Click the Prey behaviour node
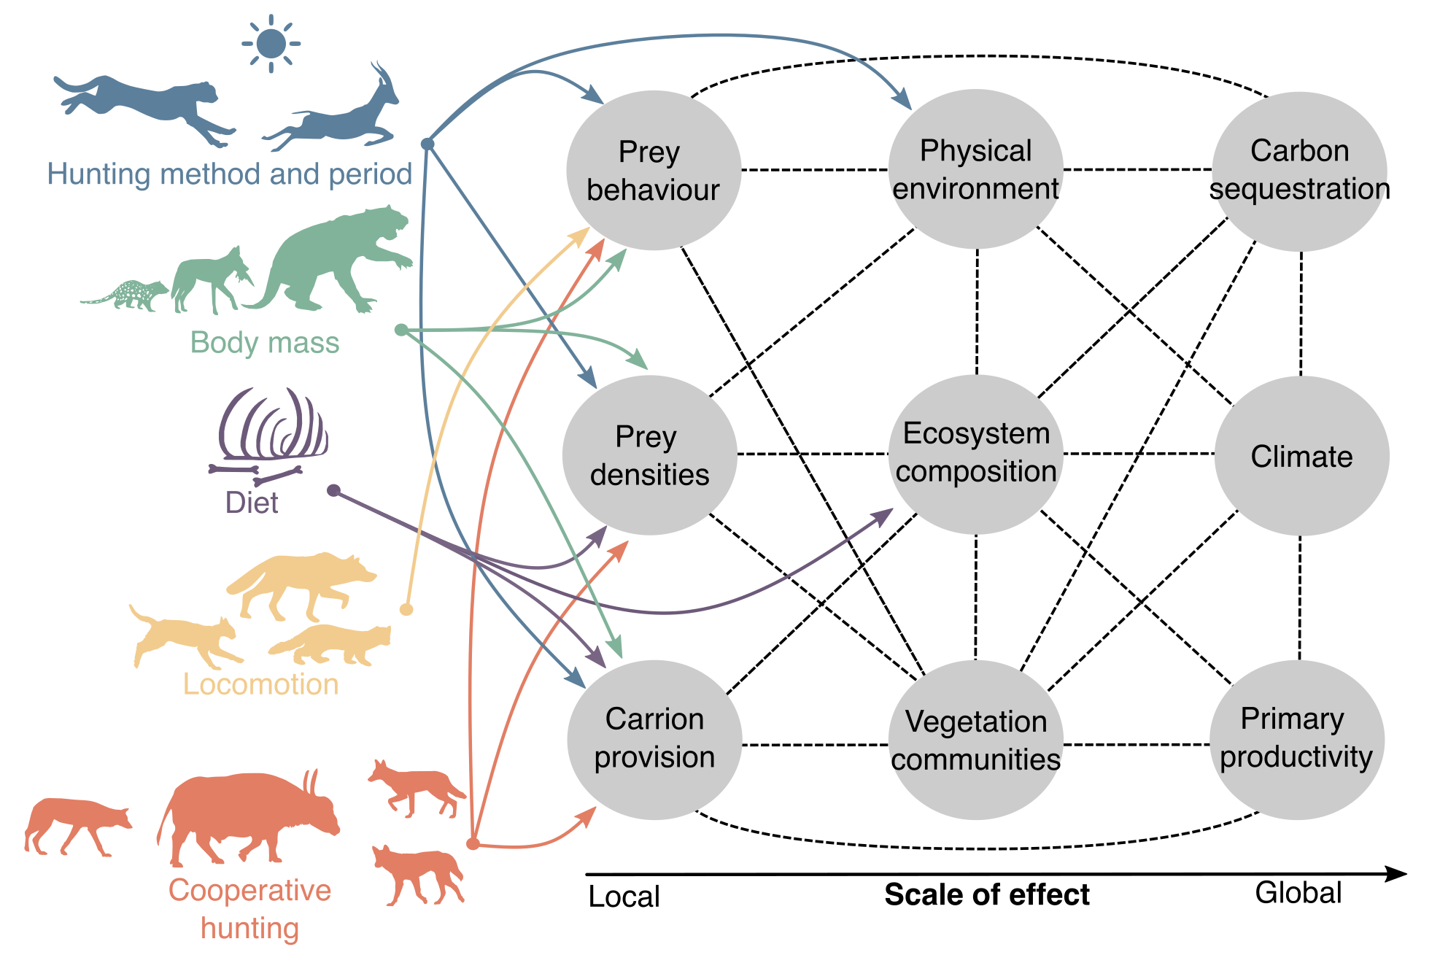pyautogui.click(x=654, y=171)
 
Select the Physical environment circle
pyautogui.click(x=975, y=169)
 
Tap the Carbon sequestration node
pyautogui.click(x=1299, y=171)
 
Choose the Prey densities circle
pyautogui.click(x=649, y=455)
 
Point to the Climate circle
pyautogui.click(x=1301, y=456)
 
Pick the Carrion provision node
pyautogui.click(x=654, y=739)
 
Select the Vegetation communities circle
pyautogui.click(x=975, y=740)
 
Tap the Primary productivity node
pyautogui.click(x=1296, y=739)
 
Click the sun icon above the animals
pyautogui.click(x=271, y=44)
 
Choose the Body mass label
pyautogui.click(x=265, y=343)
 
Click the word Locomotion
pyautogui.click(x=260, y=684)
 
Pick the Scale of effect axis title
pyautogui.click(x=986, y=894)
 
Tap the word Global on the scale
pyautogui.click(x=1298, y=893)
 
